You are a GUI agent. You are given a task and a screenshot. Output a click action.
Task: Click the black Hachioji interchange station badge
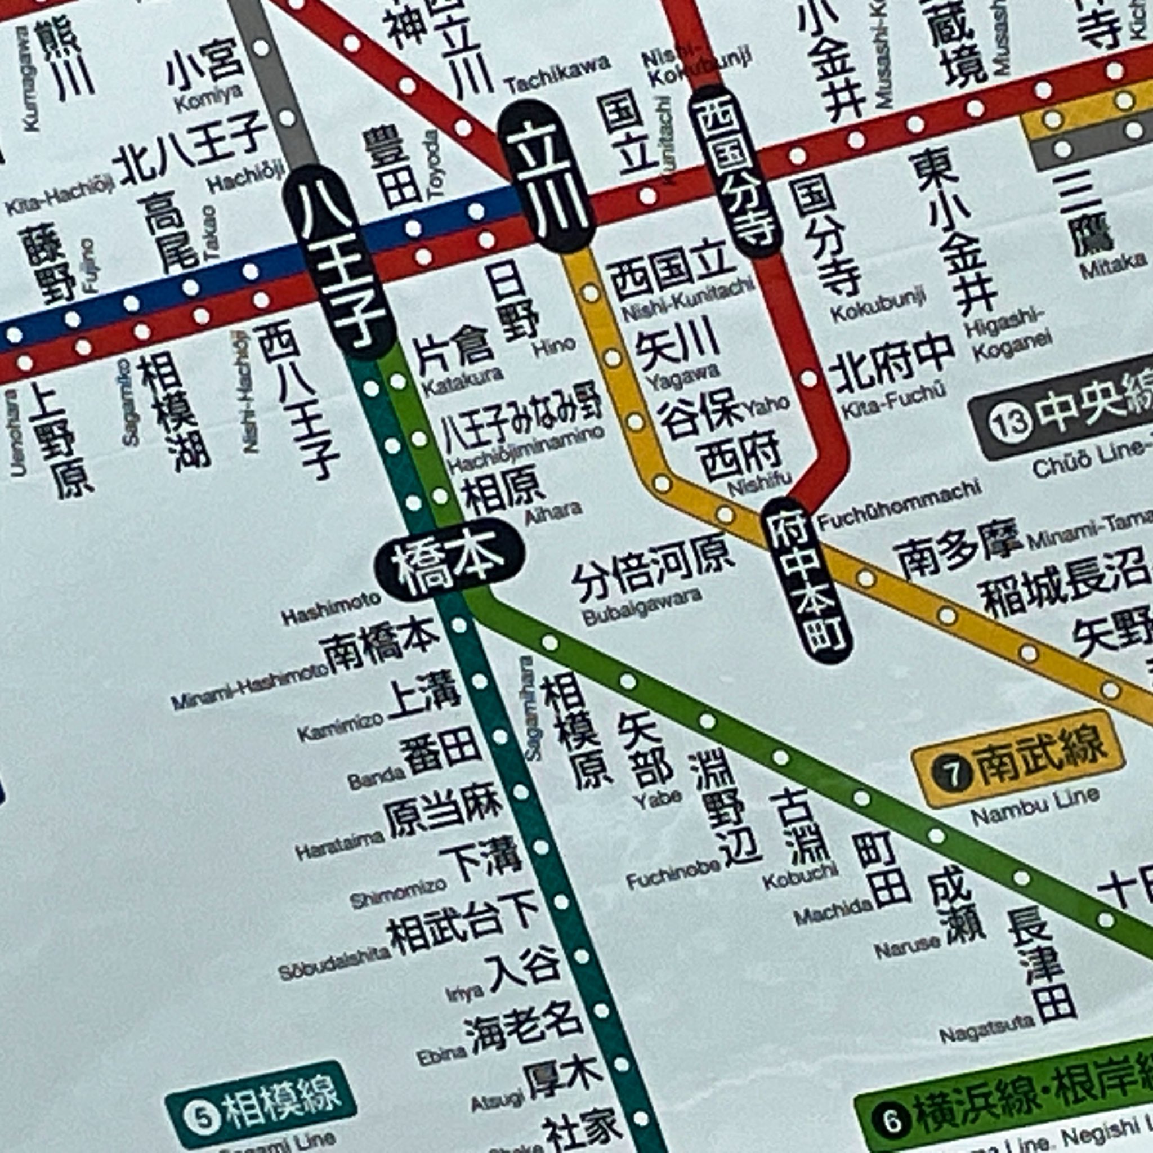coord(338,262)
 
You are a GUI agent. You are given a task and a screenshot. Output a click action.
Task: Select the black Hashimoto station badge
coord(449,559)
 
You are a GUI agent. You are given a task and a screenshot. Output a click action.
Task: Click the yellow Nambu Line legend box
coord(1018,758)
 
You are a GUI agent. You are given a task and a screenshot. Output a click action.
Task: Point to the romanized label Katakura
coord(463,382)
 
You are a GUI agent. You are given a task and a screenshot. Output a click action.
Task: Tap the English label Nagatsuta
coord(986,1027)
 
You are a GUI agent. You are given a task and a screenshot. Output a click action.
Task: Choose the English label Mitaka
coord(1112,266)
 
